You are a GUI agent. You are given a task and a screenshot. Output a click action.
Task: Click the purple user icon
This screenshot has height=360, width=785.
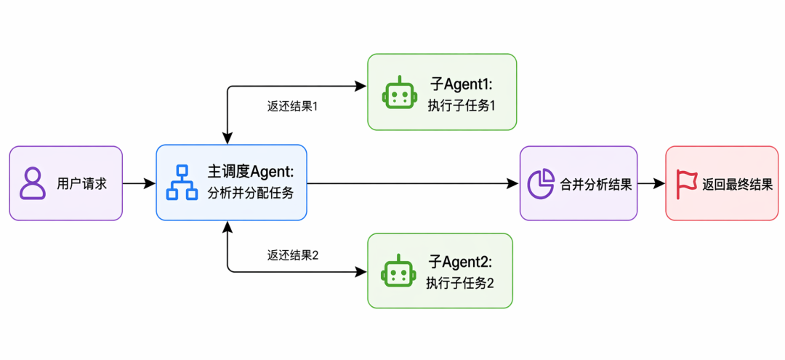(33, 184)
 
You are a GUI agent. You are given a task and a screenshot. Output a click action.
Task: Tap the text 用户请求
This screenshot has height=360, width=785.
(81, 184)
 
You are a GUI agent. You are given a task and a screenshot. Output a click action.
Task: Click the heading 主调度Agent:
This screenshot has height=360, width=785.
(251, 172)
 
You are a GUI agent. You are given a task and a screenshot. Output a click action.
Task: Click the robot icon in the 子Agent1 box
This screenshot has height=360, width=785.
(399, 92)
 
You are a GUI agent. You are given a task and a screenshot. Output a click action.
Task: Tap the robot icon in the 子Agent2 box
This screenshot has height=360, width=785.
(398, 271)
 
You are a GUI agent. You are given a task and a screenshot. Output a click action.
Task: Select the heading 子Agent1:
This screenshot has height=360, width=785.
(461, 83)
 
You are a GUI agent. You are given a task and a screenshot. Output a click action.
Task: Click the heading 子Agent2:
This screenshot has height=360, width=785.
(461, 261)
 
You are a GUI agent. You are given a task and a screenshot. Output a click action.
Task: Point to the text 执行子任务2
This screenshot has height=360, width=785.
(460, 284)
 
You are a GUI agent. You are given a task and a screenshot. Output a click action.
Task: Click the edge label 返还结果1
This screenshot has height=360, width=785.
(293, 107)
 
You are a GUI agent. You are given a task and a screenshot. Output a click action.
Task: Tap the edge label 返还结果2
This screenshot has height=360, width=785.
(293, 255)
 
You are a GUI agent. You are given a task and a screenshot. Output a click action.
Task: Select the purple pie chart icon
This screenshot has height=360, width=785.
(542, 183)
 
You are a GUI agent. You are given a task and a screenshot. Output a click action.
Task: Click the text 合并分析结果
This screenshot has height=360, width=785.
(595, 185)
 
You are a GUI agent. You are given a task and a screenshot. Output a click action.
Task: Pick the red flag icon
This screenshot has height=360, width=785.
(685, 184)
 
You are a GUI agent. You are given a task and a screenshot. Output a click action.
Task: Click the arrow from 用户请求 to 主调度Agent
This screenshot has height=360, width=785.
(139, 184)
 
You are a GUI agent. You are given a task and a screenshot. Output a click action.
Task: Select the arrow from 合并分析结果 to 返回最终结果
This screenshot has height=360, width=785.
(651, 184)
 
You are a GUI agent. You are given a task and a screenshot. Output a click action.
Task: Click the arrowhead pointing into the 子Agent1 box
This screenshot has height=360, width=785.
(361, 86)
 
